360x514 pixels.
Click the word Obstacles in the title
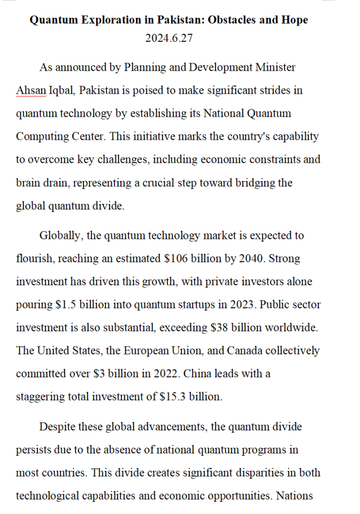[232, 20]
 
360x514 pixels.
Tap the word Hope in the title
[295, 20]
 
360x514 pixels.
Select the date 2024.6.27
[168, 39]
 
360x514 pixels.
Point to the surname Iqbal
[63, 90]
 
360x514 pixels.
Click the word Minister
[273, 67]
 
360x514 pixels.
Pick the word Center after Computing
[88, 136]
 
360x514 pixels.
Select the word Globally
[60, 235]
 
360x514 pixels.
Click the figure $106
[175, 259]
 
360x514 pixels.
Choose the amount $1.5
[67, 305]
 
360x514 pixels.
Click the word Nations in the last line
[294, 496]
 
